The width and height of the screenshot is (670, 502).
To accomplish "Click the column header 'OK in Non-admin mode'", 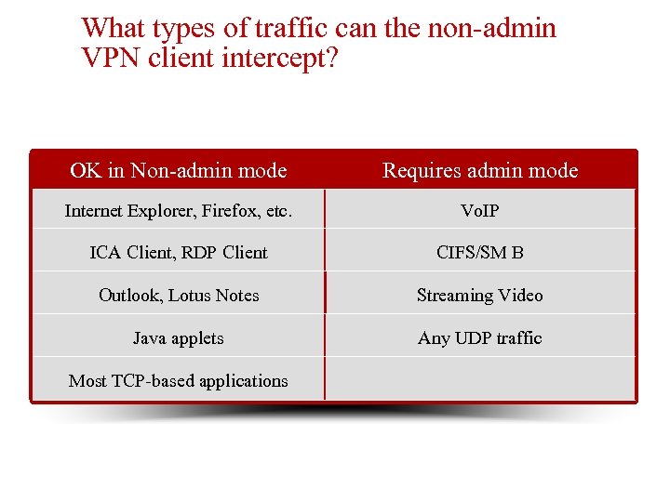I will [178, 170].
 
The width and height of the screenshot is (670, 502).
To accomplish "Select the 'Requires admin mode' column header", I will [480, 170].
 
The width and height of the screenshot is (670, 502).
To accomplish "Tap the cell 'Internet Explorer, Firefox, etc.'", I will [178, 211].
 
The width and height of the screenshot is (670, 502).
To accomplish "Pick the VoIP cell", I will [480, 211].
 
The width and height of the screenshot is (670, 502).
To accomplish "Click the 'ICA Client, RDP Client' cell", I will [178, 253].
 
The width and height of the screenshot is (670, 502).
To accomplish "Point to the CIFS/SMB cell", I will [480, 253].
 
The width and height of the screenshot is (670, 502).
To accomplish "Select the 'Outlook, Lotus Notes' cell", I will [178, 296].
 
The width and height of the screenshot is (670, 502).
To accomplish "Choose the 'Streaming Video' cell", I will [480, 296].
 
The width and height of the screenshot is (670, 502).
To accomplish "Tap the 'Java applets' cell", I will [178, 338].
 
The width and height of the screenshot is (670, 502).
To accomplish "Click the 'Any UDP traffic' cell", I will [480, 338].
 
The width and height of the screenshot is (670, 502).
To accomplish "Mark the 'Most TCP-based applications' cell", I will [178, 381].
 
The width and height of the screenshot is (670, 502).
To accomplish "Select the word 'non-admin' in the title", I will [491, 28].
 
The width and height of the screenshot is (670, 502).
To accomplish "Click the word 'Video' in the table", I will [520, 296].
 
